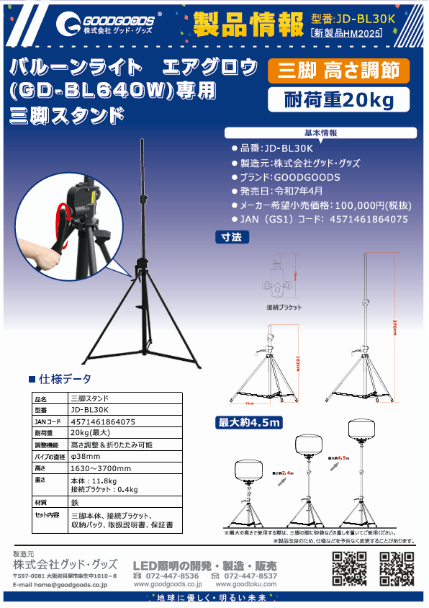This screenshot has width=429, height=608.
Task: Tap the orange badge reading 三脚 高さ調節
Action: [x=338, y=71]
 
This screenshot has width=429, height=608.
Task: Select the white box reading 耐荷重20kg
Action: [x=339, y=101]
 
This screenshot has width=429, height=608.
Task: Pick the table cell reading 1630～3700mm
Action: [x=101, y=468]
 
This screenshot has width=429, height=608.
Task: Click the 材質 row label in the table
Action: [x=42, y=501]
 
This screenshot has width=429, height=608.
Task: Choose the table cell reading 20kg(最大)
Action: [x=90, y=433]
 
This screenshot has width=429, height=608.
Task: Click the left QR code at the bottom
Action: [x=350, y=569]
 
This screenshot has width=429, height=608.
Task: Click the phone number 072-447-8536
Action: [x=172, y=576]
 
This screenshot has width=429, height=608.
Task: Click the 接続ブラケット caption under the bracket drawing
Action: [x=284, y=307]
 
